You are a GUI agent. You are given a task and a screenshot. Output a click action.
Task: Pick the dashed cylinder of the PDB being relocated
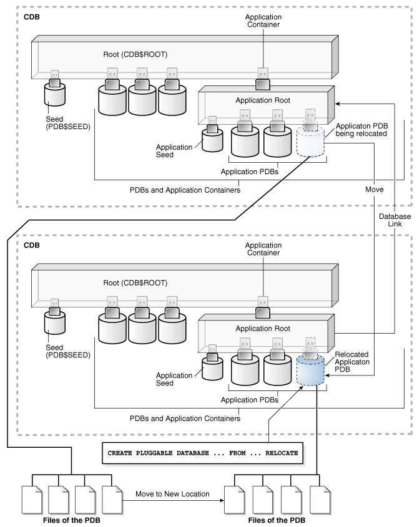pos(310,142)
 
